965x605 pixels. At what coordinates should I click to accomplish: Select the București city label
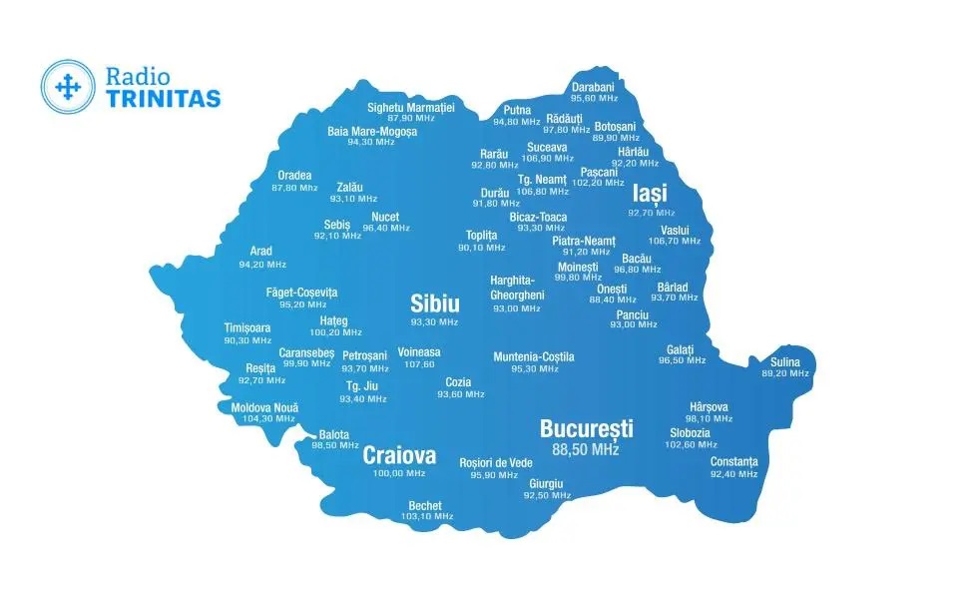point(586,429)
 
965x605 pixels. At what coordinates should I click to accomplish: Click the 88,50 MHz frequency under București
point(586,450)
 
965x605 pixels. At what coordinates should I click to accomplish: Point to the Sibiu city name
point(435,304)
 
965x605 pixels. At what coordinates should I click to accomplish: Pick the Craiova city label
point(399,456)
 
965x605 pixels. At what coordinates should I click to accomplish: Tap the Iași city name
point(650,194)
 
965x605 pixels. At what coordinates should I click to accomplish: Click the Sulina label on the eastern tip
point(785,362)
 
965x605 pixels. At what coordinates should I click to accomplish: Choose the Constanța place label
point(733,462)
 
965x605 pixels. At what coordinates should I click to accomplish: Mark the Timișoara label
point(247,328)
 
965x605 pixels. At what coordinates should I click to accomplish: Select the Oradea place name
point(294,176)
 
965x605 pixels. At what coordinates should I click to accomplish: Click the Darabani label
point(593,87)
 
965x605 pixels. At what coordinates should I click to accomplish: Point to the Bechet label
point(425,506)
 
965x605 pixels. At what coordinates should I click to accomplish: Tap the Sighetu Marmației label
point(410,107)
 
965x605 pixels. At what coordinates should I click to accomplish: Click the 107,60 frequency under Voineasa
point(419,364)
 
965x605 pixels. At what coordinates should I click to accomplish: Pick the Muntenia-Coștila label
point(534,357)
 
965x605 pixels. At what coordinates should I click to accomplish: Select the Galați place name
point(681,349)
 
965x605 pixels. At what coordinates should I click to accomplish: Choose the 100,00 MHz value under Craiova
point(399,474)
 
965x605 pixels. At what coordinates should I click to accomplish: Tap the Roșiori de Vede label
point(496,463)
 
